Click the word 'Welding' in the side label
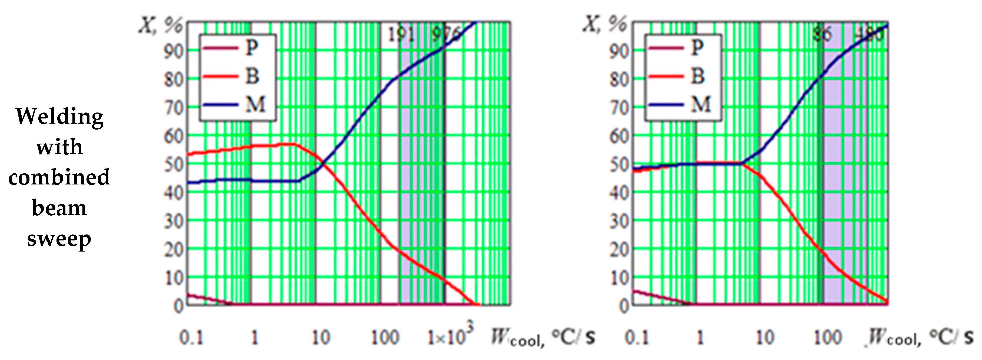point(59,116)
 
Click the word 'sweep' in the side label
point(59,239)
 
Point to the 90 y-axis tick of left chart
point(174,51)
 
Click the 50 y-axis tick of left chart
point(174,165)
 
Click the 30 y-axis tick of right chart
point(619,221)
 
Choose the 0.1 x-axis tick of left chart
point(191,338)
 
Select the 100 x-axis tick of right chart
point(827,338)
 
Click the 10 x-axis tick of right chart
point(764,338)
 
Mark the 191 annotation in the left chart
point(400,35)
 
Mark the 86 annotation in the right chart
point(822,35)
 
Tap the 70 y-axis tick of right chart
point(619,108)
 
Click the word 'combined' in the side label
point(59,178)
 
